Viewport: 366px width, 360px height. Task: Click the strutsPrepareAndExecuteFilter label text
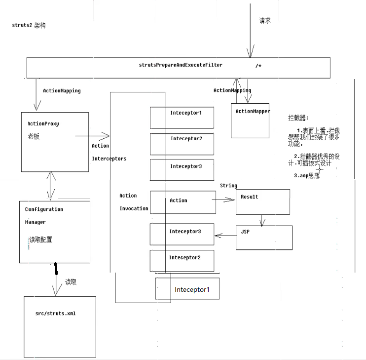pyautogui.click(x=180, y=65)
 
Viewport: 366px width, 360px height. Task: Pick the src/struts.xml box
pyautogui.click(x=60, y=326)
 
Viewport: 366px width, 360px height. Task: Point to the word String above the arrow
pyautogui.click(x=228, y=186)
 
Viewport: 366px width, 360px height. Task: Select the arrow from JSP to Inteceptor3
pyautogui.click(x=225, y=235)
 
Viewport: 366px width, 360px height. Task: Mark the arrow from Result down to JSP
pyautogui.click(x=261, y=220)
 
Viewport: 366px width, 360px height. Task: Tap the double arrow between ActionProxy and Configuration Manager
pyautogui.click(x=51, y=186)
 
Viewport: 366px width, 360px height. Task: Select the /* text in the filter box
pyautogui.click(x=258, y=66)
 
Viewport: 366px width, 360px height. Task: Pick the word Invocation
pyautogui.click(x=134, y=208)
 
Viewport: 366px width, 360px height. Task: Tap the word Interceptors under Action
pyautogui.click(x=109, y=159)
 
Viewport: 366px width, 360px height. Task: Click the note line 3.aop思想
pyautogui.click(x=306, y=175)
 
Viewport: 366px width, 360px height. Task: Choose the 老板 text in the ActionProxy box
pyautogui.click(x=34, y=136)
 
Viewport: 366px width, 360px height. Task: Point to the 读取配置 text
pyautogui.click(x=41, y=240)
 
